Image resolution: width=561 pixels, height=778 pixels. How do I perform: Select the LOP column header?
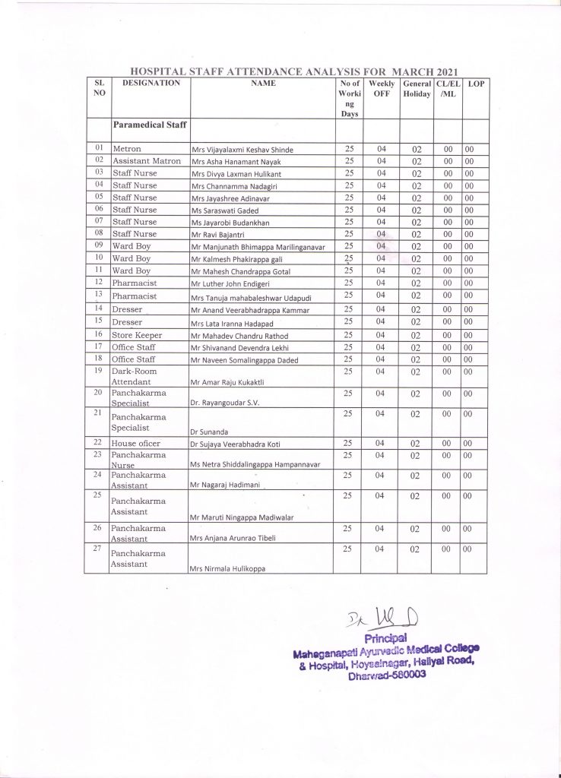(x=473, y=83)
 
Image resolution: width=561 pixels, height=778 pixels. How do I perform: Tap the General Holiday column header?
(x=416, y=88)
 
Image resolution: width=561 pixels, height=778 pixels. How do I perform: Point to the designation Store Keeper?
(x=134, y=334)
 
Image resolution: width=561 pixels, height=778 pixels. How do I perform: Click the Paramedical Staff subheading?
(x=150, y=123)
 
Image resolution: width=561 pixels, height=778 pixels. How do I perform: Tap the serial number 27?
(x=97, y=549)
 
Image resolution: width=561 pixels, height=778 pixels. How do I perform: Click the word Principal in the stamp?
(x=387, y=637)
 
